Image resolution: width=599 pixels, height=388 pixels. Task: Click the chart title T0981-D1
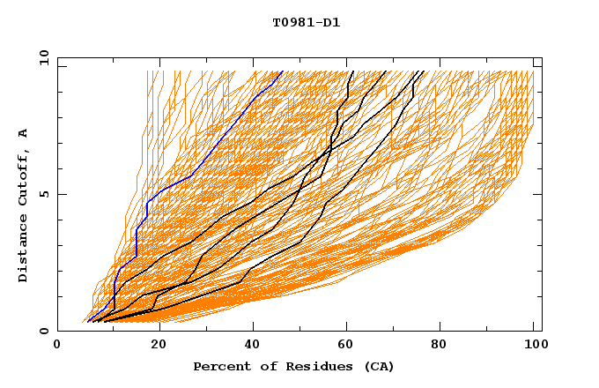click(307, 23)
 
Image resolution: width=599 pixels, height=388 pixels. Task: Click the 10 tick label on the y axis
click(42, 57)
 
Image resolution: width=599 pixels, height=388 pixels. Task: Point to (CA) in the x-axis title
click(376, 367)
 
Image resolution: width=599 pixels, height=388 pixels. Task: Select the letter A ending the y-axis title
click(24, 132)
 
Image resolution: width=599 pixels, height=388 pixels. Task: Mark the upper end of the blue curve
click(281, 72)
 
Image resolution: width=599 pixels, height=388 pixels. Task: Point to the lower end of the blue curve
click(88, 320)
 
